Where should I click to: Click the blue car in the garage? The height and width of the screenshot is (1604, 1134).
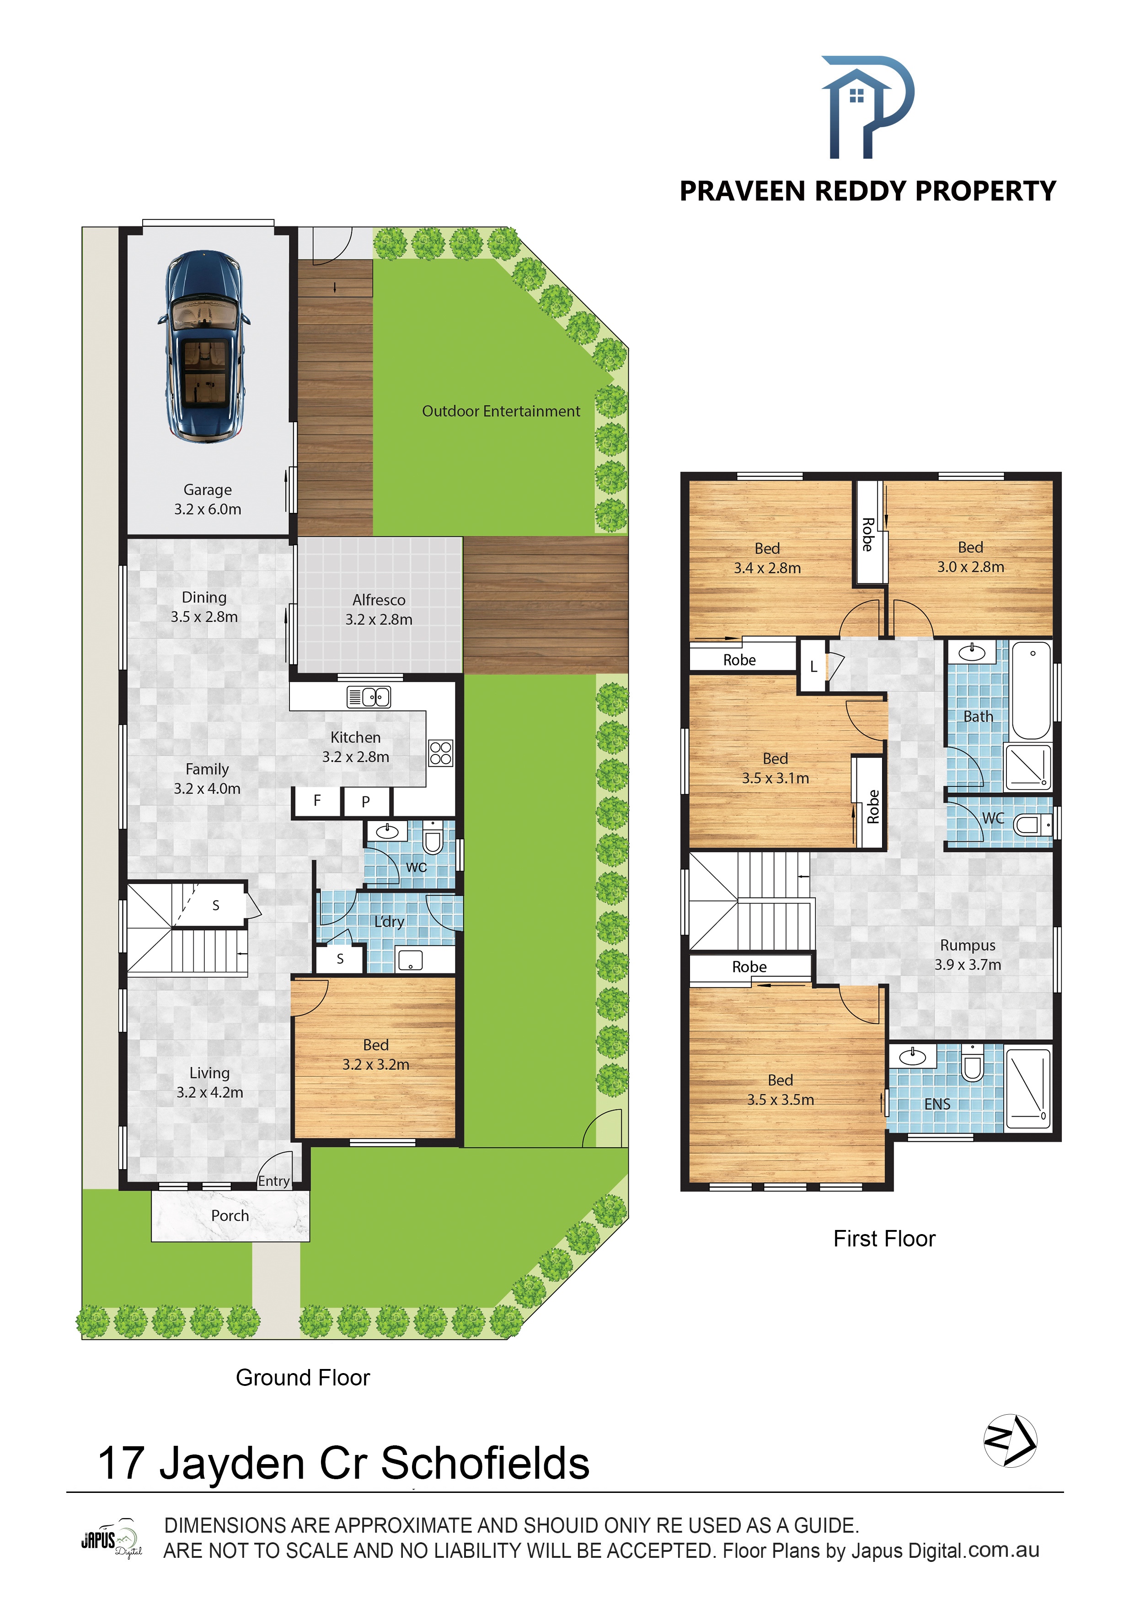tap(204, 345)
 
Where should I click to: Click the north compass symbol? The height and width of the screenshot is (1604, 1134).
tap(1011, 1440)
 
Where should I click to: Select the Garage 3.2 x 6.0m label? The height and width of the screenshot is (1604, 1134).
tap(208, 499)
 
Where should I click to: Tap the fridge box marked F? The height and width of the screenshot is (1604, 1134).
tap(317, 801)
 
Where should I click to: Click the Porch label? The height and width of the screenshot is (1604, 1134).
tap(230, 1216)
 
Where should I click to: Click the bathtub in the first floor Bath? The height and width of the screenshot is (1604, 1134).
tap(1031, 691)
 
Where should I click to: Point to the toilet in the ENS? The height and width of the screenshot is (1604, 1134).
tap(972, 1063)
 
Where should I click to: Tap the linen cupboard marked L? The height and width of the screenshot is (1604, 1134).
tap(813, 667)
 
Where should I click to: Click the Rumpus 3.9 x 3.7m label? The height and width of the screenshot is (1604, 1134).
tap(968, 955)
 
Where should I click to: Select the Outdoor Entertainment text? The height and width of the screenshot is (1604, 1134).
tap(501, 412)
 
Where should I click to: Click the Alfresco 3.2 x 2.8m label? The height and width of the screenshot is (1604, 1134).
tap(379, 609)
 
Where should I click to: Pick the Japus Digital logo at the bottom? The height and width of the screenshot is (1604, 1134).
tap(112, 1538)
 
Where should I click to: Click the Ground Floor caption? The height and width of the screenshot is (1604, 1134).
tap(303, 1378)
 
